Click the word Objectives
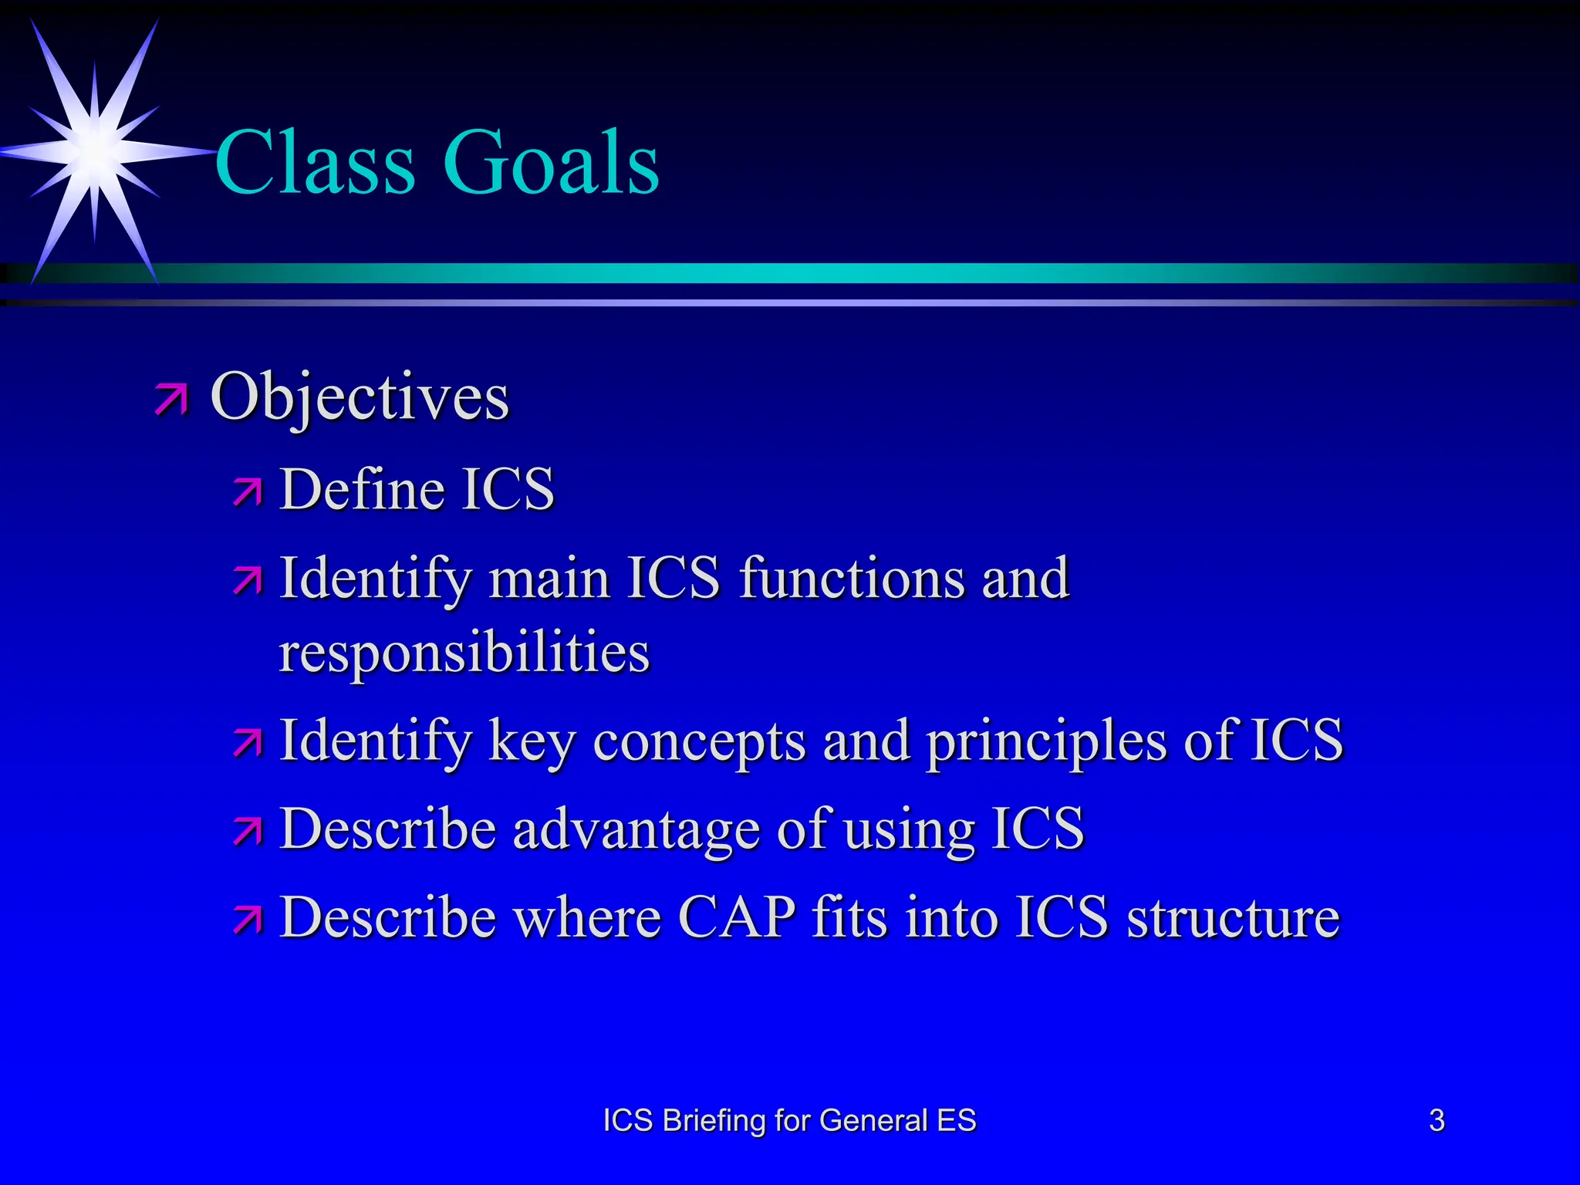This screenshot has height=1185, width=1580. [x=360, y=397]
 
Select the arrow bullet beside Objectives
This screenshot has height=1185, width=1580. [x=170, y=399]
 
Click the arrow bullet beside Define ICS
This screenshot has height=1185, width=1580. [x=248, y=492]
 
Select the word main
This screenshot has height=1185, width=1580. [x=549, y=579]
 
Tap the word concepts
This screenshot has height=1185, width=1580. [x=699, y=742]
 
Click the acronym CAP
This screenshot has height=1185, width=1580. [x=737, y=917]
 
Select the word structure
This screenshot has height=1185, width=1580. [x=1233, y=918]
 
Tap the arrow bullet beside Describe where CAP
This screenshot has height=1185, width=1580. [x=248, y=919]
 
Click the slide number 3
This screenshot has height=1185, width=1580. [x=1437, y=1120]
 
